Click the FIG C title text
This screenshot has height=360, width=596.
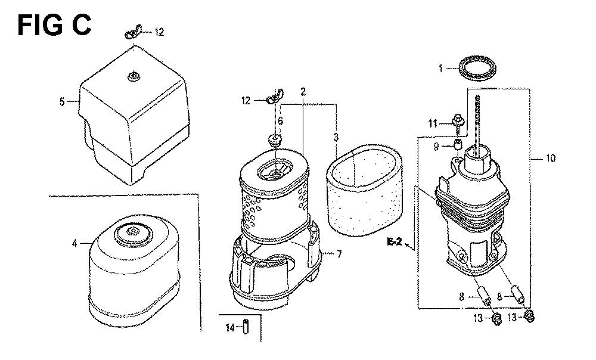[x=54, y=26]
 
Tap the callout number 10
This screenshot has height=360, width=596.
[x=550, y=158]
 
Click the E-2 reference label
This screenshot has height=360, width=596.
[x=394, y=241]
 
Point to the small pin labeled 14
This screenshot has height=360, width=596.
[x=246, y=326]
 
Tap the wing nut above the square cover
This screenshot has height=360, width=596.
[x=133, y=32]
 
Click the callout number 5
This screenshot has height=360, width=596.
[x=62, y=101]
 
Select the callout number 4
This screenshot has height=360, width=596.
[x=74, y=243]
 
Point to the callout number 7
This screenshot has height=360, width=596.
[x=339, y=253]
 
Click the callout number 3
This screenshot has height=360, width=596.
[x=336, y=137]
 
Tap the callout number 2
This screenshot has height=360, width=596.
[x=303, y=92]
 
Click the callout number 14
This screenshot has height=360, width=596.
[x=230, y=327]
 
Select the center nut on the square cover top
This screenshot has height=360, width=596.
[x=133, y=77]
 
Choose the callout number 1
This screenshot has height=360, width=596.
[x=440, y=69]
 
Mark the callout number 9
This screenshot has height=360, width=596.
[x=436, y=146]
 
